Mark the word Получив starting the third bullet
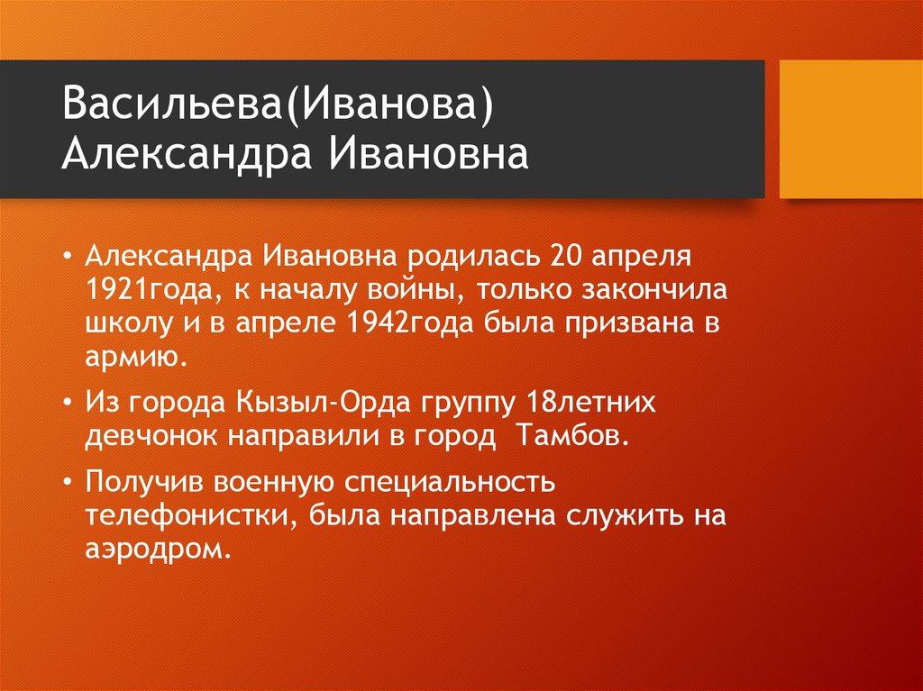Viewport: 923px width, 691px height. tap(143, 481)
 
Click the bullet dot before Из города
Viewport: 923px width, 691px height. tap(69, 403)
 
